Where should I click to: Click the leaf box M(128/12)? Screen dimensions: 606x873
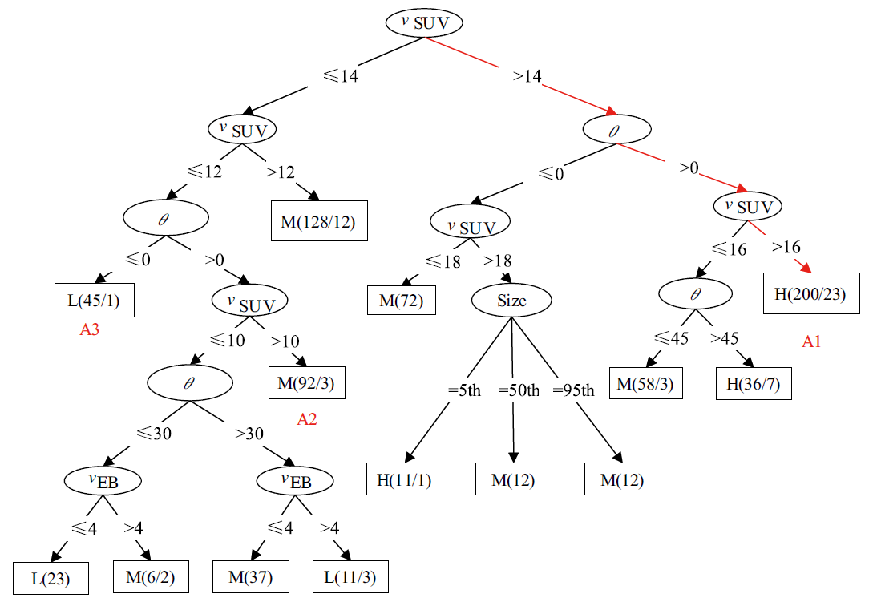point(319,220)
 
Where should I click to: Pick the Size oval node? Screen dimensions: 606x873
point(511,301)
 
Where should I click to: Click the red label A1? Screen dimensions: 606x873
point(812,342)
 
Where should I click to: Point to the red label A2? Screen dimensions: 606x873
point(307,418)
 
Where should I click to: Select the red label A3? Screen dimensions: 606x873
point(89,329)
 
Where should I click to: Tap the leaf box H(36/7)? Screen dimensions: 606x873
point(754,384)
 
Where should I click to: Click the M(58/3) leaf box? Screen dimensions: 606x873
point(645,384)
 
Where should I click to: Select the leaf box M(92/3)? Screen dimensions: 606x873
point(306,383)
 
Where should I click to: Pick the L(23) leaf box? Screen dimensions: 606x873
point(50,579)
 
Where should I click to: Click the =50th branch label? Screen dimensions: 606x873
point(519,390)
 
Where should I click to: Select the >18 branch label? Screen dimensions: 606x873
point(498,261)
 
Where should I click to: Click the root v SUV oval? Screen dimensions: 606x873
point(425,22)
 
